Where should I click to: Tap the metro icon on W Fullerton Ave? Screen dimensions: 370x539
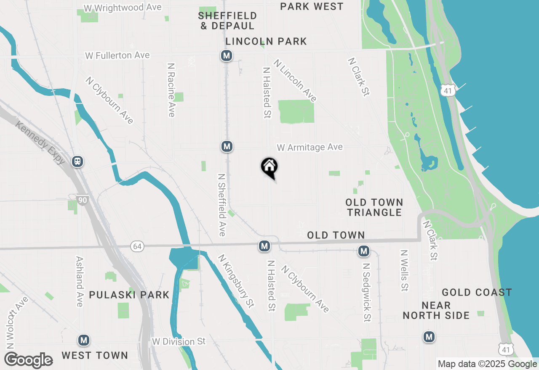pos(227,55)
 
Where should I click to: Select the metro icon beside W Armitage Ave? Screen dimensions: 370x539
pos(227,146)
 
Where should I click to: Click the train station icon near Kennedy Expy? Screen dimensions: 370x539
pos(77,161)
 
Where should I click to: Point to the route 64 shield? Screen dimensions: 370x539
pos(137,246)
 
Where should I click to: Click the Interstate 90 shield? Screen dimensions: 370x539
pos(83,200)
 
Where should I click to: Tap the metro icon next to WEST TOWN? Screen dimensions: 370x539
pos(84,340)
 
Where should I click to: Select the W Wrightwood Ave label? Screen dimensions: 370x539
pos(123,8)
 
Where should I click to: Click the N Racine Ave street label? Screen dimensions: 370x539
pos(171,90)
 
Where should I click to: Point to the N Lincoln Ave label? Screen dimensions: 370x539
pos(295,80)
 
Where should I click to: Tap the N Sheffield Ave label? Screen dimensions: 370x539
pos(222,205)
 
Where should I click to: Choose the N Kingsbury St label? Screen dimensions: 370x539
pos(236,281)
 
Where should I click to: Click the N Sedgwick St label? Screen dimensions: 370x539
pos(367,293)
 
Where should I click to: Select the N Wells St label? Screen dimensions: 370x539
pos(404,271)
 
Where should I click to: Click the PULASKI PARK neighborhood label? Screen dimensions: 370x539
pos(129,295)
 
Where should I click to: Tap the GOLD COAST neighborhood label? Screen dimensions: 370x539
pos(477,292)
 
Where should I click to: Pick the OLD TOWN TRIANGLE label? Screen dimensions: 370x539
pos(375,207)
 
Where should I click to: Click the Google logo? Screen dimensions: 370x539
pos(29,360)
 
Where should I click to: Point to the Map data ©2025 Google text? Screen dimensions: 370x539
pos(487,364)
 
